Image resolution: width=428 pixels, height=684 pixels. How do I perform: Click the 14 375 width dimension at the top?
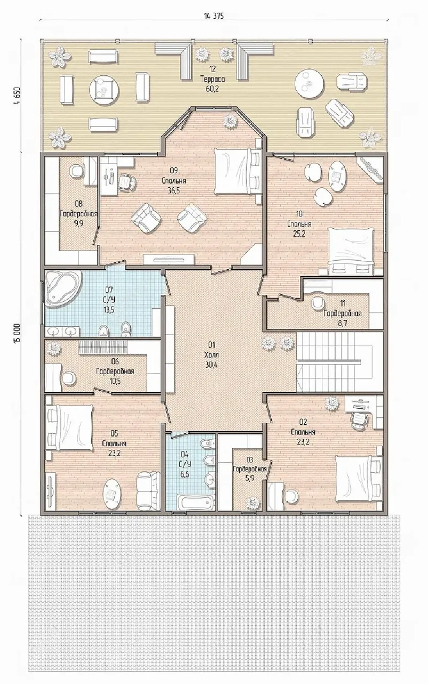click(x=213, y=16)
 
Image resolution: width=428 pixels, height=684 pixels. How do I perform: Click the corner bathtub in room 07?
click(x=64, y=289)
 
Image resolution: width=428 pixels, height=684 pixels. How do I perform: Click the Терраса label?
click(x=212, y=79)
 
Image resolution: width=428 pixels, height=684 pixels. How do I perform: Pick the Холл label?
click(x=212, y=355)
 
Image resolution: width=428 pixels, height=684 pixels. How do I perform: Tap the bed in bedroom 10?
click(x=351, y=251)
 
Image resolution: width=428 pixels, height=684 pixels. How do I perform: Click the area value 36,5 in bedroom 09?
click(x=174, y=191)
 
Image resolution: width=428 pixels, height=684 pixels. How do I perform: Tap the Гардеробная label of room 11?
click(x=343, y=314)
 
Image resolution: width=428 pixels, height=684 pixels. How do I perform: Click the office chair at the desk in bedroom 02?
click(x=359, y=421)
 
